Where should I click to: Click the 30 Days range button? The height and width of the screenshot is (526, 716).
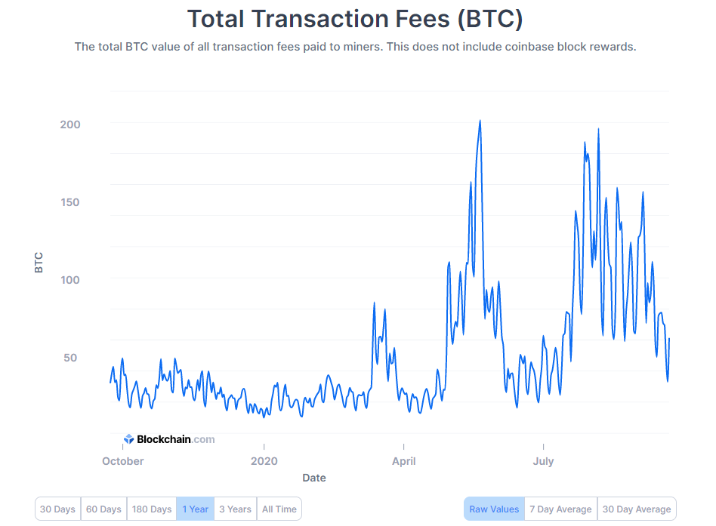57,509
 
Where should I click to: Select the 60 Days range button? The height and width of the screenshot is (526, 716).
103,509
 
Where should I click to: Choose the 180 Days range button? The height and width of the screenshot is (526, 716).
151,509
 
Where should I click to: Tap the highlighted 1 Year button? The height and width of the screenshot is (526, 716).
195,509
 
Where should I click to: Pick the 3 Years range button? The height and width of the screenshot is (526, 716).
236,509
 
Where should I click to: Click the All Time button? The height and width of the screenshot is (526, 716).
279,509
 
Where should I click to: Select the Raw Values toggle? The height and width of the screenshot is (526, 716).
494,509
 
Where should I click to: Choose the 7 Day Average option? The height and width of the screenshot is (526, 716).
560,509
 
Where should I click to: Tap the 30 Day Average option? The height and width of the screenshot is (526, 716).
637,509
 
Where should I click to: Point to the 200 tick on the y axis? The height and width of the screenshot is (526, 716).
70,124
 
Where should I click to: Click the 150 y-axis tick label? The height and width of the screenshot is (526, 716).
70,202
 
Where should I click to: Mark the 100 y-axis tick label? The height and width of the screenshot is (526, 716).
70,280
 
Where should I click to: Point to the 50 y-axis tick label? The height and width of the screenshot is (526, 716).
70,358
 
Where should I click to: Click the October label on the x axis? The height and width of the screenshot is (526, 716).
122,461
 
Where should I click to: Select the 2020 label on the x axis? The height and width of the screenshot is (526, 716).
264,461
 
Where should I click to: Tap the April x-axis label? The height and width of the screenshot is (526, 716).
404,461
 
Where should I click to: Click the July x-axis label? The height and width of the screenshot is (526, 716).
543,461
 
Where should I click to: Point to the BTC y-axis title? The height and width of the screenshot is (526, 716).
39,261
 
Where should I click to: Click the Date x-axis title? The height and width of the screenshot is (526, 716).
314,478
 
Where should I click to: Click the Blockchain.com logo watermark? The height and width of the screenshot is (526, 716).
169,439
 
